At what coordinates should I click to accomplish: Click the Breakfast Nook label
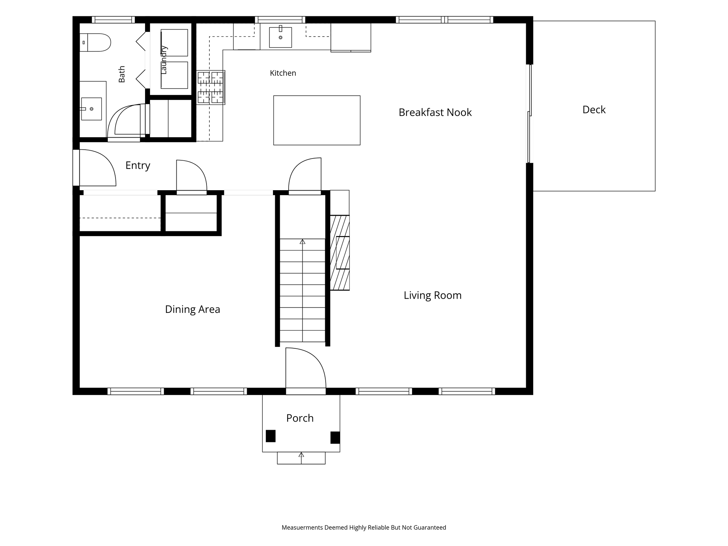coord(435,112)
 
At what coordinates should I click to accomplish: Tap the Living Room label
coord(433,295)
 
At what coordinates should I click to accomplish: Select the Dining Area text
coord(193,309)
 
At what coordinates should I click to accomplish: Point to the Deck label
coord(594,109)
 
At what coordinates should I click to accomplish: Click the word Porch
coord(300,418)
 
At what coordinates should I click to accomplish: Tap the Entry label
coord(138,166)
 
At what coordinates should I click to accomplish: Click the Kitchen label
coord(283,73)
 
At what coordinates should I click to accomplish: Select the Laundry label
coord(164,60)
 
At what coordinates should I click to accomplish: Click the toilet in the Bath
coord(95,43)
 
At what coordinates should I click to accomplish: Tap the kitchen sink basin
coord(280,37)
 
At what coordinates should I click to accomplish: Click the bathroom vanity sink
coord(91,109)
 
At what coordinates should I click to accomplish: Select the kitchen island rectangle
coord(317,120)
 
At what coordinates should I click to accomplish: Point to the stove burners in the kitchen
coord(210,87)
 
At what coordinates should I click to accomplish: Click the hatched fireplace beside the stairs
coord(340,253)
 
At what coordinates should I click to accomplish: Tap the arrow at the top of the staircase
coord(303,242)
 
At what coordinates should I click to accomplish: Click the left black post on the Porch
coord(271,436)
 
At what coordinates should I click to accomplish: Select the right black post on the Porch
coord(335,437)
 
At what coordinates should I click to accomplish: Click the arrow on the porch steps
coord(301,458)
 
